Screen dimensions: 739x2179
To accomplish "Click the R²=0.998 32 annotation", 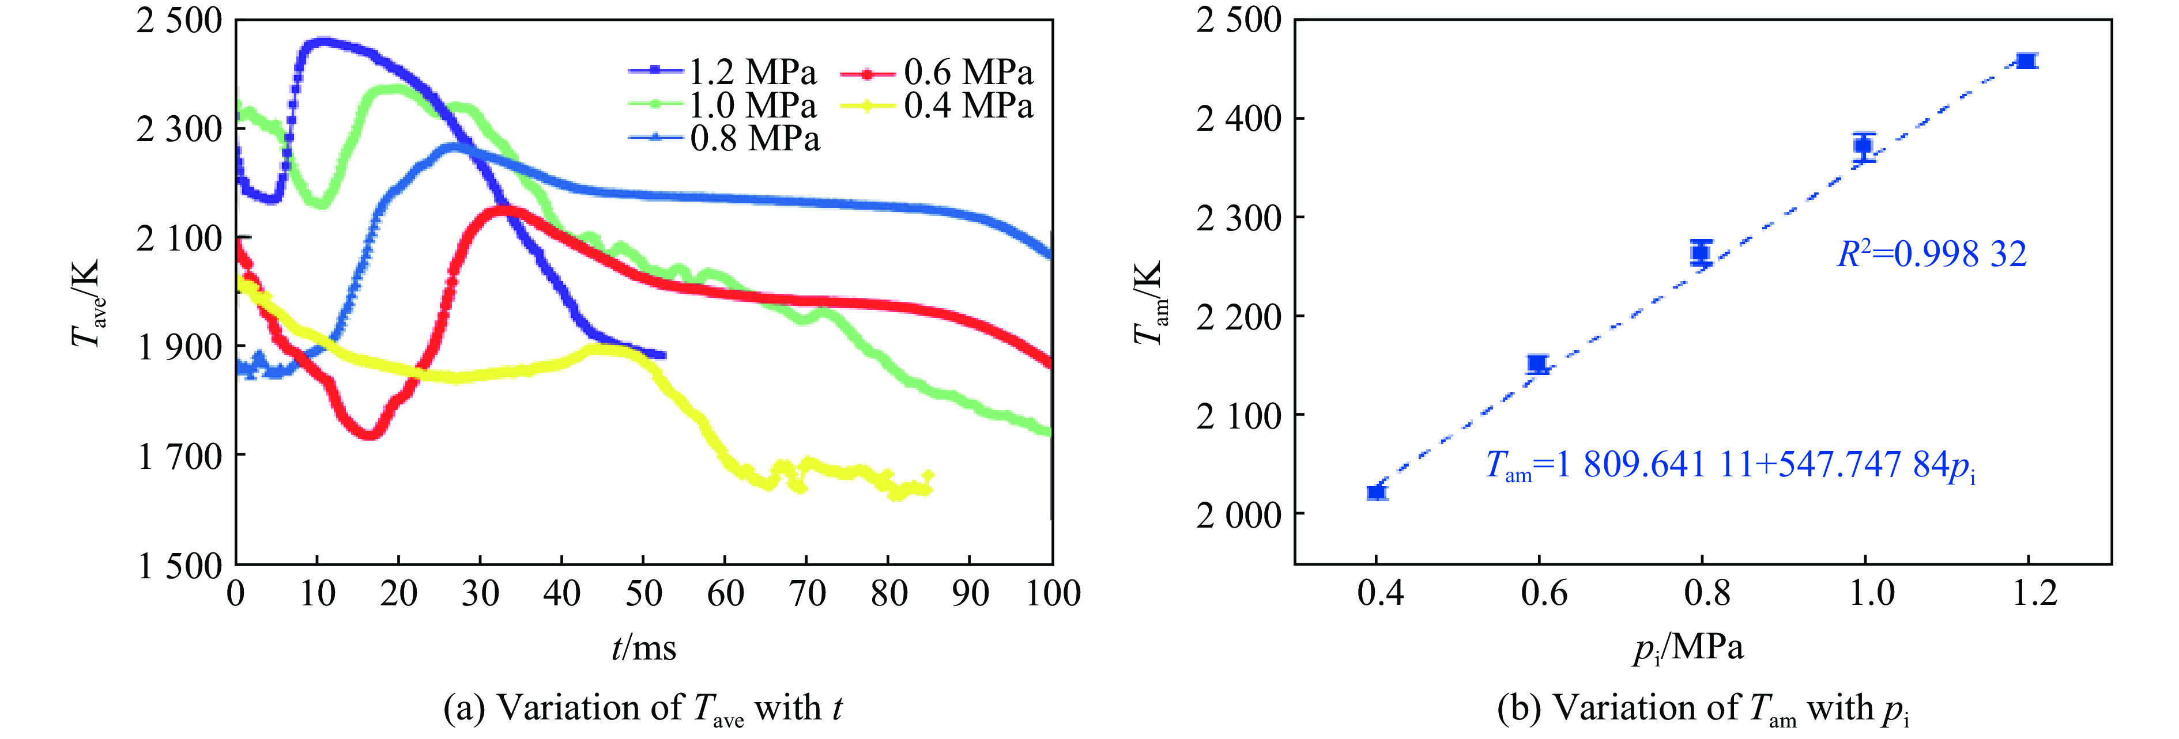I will (1932, 253).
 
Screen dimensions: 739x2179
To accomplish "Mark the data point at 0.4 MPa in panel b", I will (1376, 492).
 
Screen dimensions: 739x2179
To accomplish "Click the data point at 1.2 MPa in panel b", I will (2026, 60).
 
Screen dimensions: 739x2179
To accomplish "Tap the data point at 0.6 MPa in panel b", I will (1538, 365).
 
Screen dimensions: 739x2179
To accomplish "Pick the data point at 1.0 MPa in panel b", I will (1863, 145).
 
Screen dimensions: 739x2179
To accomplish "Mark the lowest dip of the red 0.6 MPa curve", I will (369, 435).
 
